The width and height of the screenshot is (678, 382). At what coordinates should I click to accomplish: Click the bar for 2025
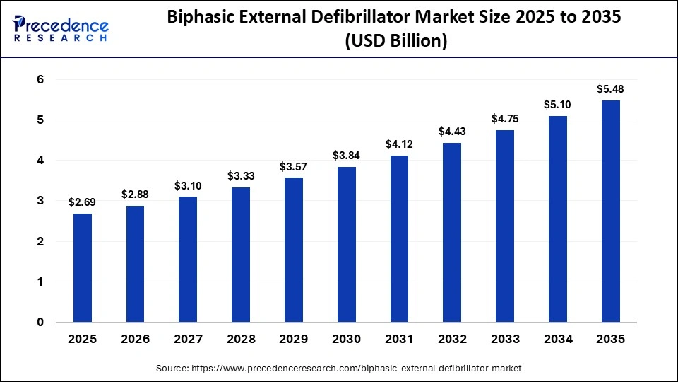(x=83, y=268)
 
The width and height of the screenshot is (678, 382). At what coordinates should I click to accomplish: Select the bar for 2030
(x=347, y=245)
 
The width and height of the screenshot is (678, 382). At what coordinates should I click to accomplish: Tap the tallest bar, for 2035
(x=611, y=212)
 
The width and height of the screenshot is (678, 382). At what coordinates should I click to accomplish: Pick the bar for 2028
(x=241, y=255)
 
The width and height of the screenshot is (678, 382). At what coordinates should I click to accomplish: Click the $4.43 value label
(x=452, y=131)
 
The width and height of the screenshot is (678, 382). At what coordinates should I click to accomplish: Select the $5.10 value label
(x=558, y=104)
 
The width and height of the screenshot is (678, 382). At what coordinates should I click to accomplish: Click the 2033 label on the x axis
(x=505, y=340)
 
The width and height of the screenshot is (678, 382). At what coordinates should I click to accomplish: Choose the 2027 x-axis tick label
(x=188, y=340)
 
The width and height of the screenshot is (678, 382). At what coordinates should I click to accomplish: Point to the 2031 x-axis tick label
(x=399, y=340)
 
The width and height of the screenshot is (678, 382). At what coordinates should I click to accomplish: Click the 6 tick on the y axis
(x=40, y=80)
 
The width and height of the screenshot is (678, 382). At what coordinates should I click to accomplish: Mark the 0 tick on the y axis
(x=40, y=323)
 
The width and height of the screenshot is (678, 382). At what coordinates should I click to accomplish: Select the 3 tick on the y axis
(x=40, y=201)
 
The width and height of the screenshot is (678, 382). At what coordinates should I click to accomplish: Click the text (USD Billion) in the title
(x=395, y=42)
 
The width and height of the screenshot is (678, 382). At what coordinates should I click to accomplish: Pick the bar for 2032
(x=452, y=233)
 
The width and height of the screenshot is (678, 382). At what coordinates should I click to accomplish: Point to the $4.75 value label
(x=505, y=118)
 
